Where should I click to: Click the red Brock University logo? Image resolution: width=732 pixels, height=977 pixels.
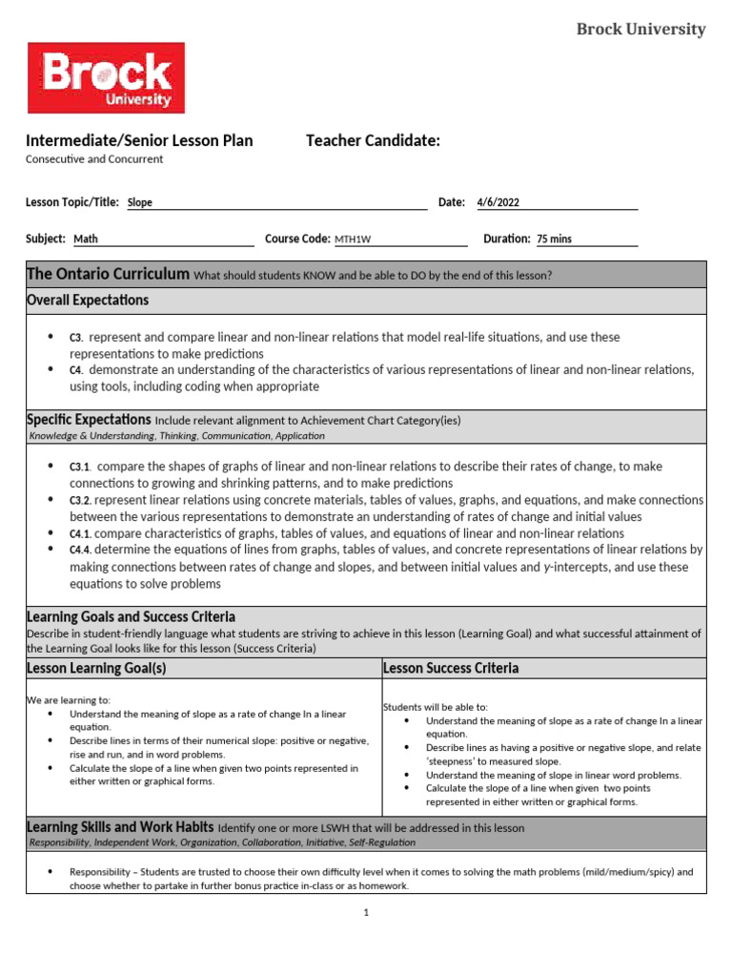pyautogui.click(x=106, y=78)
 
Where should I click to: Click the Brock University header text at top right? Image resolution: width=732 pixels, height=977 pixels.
pyautogui.click(x=640, y=30)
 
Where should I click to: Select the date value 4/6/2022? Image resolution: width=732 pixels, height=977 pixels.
pyautogui.click(x=498, y=202)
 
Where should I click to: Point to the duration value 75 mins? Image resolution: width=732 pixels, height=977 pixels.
pyautogui.click(x=554, y=239)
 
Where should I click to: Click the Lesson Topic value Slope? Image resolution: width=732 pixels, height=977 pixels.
pyautogui.click(x=140, y=202)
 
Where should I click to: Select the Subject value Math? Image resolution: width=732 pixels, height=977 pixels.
pyautogui.click(x=86, y=239)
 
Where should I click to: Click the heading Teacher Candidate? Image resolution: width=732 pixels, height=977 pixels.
pyautogui.click(x=373, y=141)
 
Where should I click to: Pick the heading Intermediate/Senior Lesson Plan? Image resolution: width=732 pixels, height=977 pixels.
pyautogui.click(x=139, y=141)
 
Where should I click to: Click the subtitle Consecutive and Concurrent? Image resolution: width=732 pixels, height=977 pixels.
pyautogui.click(x=94, y=159)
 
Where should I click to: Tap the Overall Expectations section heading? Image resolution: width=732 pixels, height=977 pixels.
pyautogui.click(x=88, y=301)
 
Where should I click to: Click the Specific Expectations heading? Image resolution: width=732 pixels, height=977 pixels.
pyautogui.click(x=89, y=420)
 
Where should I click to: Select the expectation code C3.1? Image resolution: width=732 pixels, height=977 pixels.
pyautogui.click(x=79, y=467)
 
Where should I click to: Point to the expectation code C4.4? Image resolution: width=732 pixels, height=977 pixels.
pyautogui.click(x=80, y=550)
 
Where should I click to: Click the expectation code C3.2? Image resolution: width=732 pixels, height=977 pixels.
pyautogui.click(x=80, y=500)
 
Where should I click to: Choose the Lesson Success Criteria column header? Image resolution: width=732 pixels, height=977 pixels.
pyautogui.click(x=451, y=668)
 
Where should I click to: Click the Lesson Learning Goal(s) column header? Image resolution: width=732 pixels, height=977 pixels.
pyautogui.click(x=96, y=668)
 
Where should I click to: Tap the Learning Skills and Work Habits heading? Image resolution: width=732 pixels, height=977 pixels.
pyautogui.click(x=119, y=827)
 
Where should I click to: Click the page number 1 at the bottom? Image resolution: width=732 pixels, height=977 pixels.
pyautogui.click(x=365, y=912)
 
